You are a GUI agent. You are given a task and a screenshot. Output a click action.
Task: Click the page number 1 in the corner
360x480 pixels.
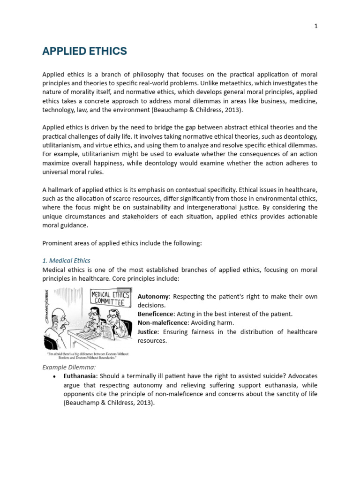316,26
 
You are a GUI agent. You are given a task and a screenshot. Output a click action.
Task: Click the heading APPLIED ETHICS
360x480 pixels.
84,52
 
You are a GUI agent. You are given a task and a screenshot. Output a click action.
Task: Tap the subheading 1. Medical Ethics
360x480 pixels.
66,261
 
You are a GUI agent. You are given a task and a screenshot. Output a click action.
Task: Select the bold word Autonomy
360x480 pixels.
152,297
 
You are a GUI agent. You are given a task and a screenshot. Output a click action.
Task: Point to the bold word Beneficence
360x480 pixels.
156,314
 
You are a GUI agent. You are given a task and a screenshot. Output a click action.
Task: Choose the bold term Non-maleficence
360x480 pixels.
162,323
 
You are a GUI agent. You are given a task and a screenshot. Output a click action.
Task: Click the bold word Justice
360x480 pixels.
148,332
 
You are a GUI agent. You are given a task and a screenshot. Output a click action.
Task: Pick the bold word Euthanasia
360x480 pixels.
80,376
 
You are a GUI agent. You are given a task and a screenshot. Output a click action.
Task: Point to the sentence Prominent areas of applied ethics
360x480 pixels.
121,243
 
